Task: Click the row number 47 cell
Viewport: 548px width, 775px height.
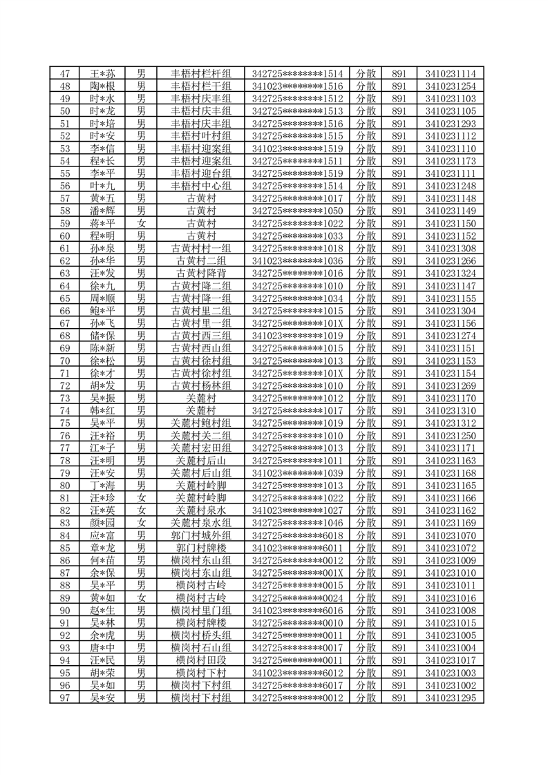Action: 66,74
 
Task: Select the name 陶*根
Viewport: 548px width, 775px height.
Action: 102,86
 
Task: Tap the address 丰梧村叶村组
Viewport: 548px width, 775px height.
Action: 201,136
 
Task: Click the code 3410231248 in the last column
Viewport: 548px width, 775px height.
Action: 451,186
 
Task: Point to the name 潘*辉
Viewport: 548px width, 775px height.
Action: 102,211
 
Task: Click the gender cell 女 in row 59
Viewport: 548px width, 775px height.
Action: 142,223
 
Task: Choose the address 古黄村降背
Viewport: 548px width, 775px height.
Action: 201,273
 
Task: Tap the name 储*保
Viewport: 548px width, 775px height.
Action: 102,335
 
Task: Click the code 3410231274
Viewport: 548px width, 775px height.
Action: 451,335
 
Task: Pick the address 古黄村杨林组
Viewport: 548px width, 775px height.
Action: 201,385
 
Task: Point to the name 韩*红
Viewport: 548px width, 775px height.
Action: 102,410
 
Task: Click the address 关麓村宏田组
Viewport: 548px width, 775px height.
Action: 201,447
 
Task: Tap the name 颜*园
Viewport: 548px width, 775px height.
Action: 102,522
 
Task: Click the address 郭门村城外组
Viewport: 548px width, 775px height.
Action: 201,534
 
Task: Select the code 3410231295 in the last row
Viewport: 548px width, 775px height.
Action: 451,697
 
